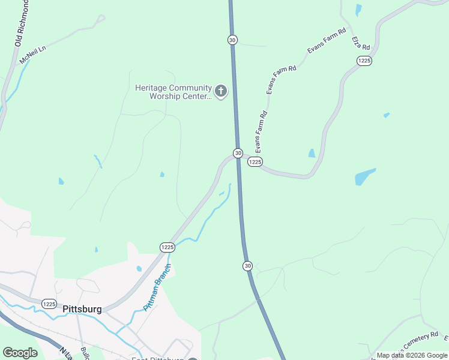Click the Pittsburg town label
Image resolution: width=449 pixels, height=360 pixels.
coord(82,310)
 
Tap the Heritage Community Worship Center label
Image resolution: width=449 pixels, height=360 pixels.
coord(173,92)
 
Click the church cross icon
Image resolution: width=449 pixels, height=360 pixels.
coord(221,92)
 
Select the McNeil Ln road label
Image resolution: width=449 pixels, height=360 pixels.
coord(32,55)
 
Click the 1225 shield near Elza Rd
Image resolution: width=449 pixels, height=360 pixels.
coord(364,61)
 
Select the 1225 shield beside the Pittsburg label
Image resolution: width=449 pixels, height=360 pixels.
coord(49,304)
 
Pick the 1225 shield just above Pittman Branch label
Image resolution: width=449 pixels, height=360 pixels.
coord(167,247)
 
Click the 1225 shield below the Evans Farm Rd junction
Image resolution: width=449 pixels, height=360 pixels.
coord(255,162)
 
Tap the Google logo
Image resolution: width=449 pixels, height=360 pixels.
coord(20,353)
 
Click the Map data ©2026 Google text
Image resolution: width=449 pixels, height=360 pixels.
coord(412,355)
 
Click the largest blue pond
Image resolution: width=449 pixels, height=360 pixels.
coord(364,176)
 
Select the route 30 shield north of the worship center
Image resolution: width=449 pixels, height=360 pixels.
coord(232,40)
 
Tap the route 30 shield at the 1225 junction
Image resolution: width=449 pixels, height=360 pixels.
coord(238,153)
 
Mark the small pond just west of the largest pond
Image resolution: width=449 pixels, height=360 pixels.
coord(312,153)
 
